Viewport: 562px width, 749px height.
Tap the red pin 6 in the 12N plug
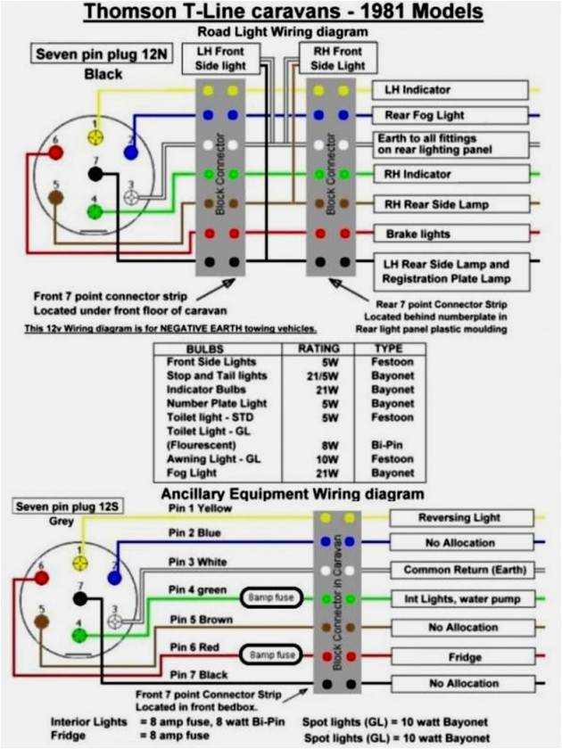click(x=55, y=152)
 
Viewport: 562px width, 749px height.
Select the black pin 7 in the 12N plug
click(x=95, y=176)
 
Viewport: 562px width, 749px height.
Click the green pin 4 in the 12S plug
click(x=80, y=636)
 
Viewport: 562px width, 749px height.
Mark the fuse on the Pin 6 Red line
click(x=272, y=655)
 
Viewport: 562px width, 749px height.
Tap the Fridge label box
click(x=461, y=657)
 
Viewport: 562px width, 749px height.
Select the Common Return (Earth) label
click(x=464, y=570)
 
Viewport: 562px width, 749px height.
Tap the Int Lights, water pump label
click(x=462, y=599)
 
